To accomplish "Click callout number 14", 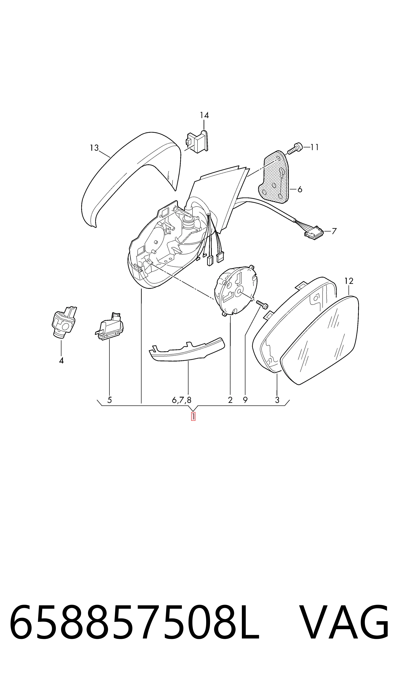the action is (x=204, y=115).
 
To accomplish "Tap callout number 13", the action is (x=94, y=148).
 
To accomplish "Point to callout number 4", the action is (x=61, y=360).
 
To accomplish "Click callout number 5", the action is (x=109, y=400).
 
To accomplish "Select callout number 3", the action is (x=277, y=400).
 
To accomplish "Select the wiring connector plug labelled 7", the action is (x=314, y=233).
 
